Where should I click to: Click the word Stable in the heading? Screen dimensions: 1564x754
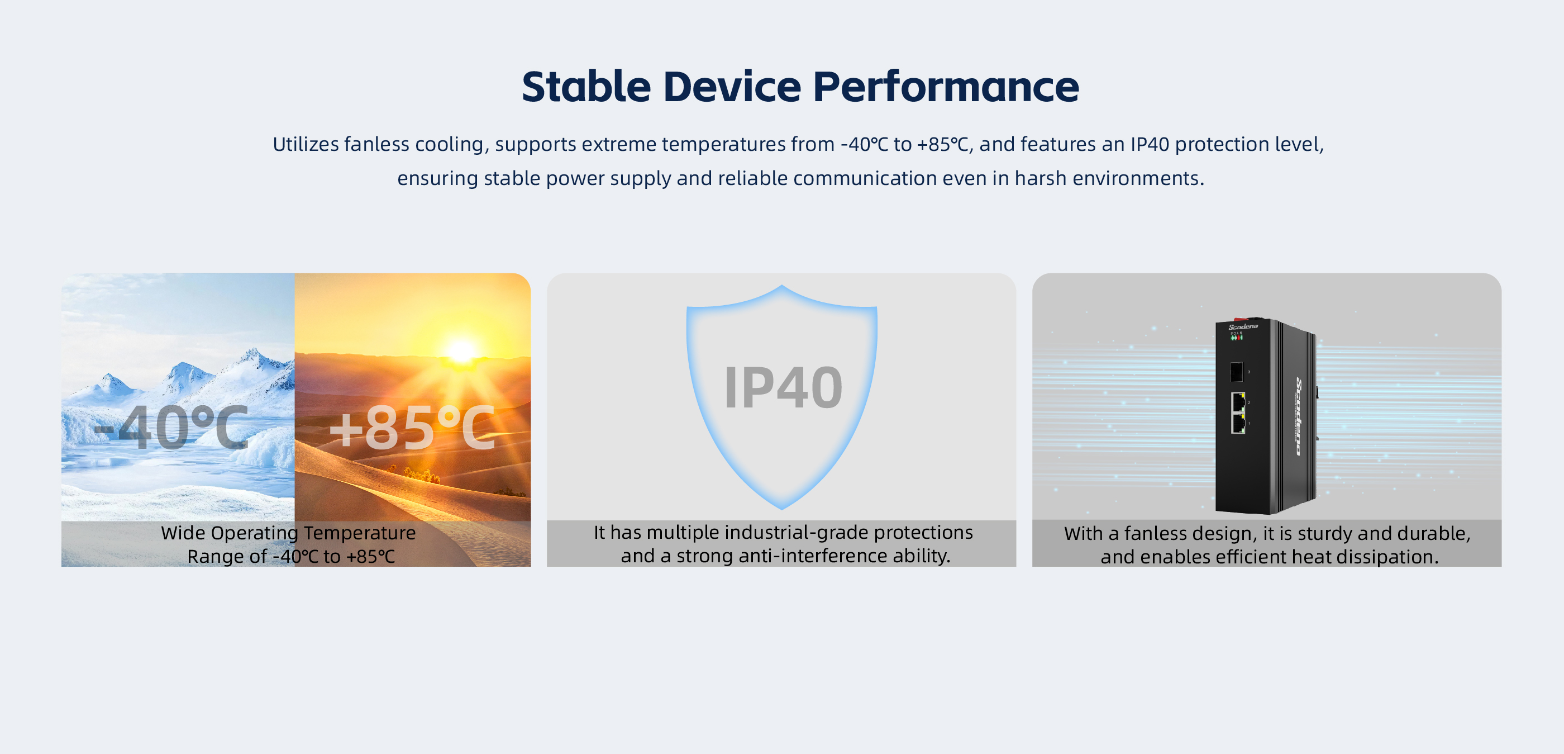tap(586, 86)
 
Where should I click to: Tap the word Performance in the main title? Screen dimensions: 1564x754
tap(946, 86)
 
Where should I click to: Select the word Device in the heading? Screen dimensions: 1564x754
tap(732, 86)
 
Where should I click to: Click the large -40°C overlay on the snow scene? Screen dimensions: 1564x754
tap(172, 428)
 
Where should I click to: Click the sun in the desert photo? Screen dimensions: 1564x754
tap(461, 350)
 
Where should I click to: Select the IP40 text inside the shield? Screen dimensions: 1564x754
tap(783, 388)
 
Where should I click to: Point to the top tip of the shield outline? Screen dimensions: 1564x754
tap(782, 286)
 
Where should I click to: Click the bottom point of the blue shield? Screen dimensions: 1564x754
tap(782, 509)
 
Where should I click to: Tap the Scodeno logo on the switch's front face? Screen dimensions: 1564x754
tap(1243, 327)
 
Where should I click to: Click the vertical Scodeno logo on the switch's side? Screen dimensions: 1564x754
tap(1299, 416)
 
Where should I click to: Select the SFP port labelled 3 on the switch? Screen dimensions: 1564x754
tap(1236, 371)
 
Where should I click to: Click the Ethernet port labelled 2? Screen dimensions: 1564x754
tap(1238, 402)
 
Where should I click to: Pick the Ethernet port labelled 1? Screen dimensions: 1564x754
tap(1238, 423)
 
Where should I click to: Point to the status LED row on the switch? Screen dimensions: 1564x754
tap(1236, 338)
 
